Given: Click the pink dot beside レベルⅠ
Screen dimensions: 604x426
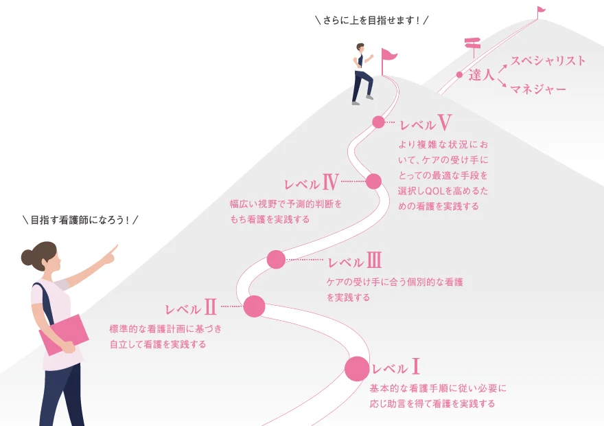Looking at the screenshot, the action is coord(357,368).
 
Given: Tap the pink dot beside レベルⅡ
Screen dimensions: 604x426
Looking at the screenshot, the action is coord(254,306).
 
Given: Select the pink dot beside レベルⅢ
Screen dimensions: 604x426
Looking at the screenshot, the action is coord(276,260).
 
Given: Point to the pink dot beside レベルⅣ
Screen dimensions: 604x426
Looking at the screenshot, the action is coord(373,181).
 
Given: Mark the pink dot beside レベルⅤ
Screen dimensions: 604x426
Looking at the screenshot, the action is coord(379,122).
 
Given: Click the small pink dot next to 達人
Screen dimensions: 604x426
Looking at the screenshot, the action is coord(459,75).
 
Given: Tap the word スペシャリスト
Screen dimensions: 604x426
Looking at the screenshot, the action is coord(548,60).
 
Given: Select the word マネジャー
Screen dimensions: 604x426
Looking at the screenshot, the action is coord(538,89).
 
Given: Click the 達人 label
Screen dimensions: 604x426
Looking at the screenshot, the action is coord(482,75).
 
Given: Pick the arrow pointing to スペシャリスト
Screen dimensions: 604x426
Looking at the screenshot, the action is coord(502,69).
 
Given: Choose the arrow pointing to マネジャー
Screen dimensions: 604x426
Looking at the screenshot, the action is coord(502,83).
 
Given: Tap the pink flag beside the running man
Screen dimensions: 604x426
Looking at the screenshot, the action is coord(388,61).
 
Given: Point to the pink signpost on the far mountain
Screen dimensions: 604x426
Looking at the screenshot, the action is coord(473,47).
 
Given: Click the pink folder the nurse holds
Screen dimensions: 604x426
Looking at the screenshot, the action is coord(64,334).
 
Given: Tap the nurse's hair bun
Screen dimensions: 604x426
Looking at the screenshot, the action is coord(27,257).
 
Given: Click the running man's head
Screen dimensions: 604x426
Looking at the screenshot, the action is coord(360,47).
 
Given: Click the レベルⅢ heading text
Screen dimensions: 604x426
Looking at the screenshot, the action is coord(354,260).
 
